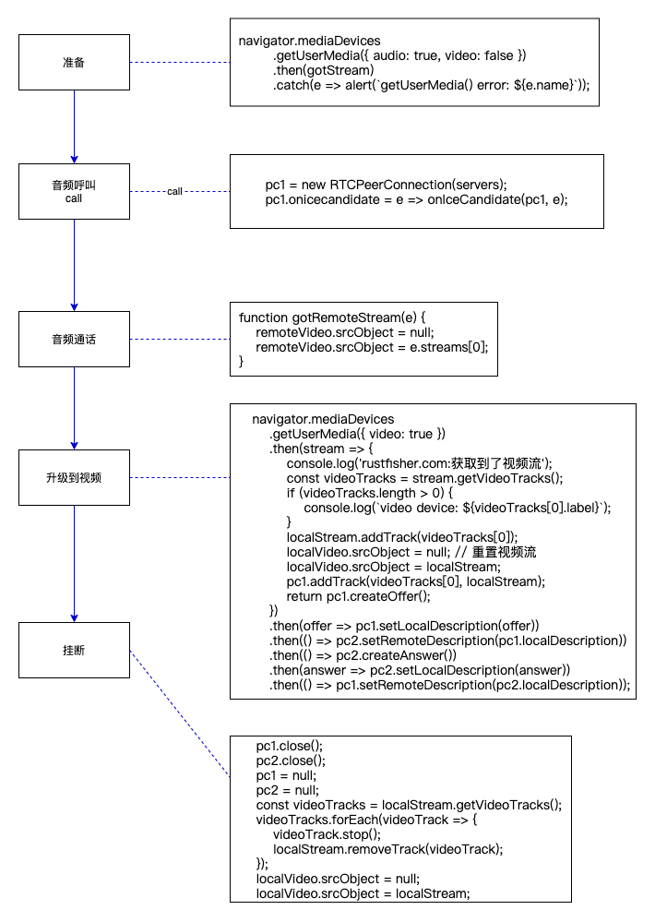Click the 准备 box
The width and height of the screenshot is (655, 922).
[74, 62]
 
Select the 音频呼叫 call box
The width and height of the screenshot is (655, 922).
[74, 191]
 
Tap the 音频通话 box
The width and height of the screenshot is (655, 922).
[74, 339]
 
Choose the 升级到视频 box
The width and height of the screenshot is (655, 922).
[74, 477]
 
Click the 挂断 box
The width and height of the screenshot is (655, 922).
[74, 650]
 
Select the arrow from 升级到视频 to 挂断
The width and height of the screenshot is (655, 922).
[75, 564]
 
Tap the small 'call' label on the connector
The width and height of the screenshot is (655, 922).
[174, 192]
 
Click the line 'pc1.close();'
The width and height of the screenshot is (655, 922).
[290, 746]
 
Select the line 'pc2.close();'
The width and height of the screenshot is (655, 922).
[291, 760]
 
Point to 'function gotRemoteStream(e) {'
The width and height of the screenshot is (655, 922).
[331, 317]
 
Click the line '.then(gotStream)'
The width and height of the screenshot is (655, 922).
[323, 70]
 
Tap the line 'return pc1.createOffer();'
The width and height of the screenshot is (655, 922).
[359, 596]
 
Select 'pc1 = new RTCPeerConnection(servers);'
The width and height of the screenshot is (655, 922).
[387, 185]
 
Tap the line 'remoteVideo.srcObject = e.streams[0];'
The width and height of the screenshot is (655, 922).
[372, 347]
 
